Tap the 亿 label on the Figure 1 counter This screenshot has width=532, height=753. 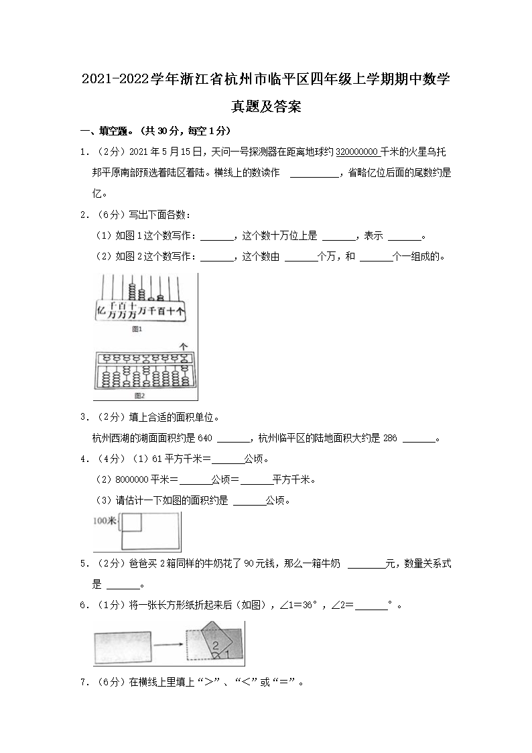102,310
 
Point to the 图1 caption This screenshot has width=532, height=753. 138,330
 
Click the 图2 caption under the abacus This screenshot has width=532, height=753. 139,396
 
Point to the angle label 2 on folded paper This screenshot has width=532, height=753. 215,645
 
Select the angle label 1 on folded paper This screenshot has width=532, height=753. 228,652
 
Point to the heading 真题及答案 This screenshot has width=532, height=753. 266,106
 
